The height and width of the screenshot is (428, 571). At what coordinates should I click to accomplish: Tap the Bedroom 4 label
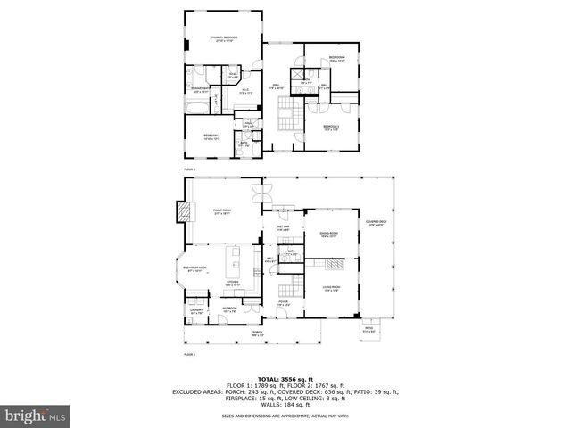pyautogui.click(x=335, y=59)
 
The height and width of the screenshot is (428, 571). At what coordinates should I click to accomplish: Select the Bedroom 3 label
pyautogui.click(x=331, y=128)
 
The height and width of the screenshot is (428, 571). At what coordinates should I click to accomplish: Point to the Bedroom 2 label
pyautogui.click(x=210, y=136)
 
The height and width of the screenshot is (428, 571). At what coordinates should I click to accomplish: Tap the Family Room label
pyautogui.click(x=222, y=212)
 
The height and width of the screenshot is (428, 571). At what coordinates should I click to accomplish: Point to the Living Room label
pyautogui.click(x=332, y=288)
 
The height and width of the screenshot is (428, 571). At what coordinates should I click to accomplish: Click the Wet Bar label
pyautogui.click(x=283, y=228)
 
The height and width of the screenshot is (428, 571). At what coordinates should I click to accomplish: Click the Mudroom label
pyautogui.click(x=229, y=309)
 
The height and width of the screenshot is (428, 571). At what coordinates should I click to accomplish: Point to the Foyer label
pyautogui.click(x=283, y=302)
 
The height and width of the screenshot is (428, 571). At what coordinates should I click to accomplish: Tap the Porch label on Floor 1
pyautogui.click(x=257, y=333)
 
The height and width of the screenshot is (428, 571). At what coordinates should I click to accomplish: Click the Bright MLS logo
pyautogui.click(x=36, y=416)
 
